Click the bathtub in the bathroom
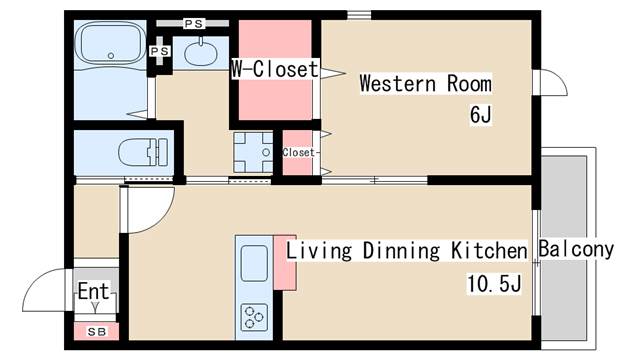click(111, 43)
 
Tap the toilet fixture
click(143, 152)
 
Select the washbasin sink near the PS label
click(200, 53)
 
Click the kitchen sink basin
click(254, 262)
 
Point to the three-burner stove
click(254, 317)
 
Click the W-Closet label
click(275, 69)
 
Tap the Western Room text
click(426, 84)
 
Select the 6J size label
click(480, 114)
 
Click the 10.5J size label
click(494, 283)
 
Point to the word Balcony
click(576, 249)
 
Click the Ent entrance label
click(93, 291)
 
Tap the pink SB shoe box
click(96, 331)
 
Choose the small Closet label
click(298, 152)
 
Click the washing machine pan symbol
click(253, 152)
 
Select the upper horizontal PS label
click(193, 24)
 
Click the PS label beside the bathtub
click(159, 51)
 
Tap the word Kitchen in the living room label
click(489, 250)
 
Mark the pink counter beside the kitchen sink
click(285, 263)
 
